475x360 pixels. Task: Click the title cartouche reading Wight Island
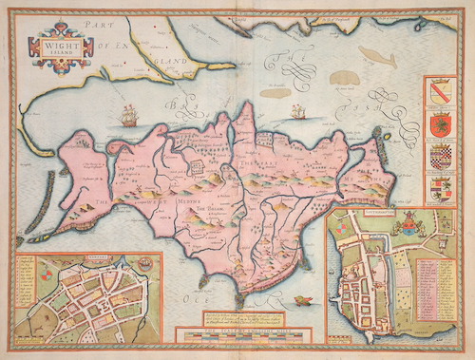(62, 47)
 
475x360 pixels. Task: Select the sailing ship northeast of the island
(297, 113)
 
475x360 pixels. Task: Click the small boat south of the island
(302, 302)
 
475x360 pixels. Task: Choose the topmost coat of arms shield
(438, 94)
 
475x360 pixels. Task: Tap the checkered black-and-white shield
(438, 156)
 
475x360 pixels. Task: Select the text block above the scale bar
(246, 318)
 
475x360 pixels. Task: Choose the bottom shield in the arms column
(438, 186)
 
